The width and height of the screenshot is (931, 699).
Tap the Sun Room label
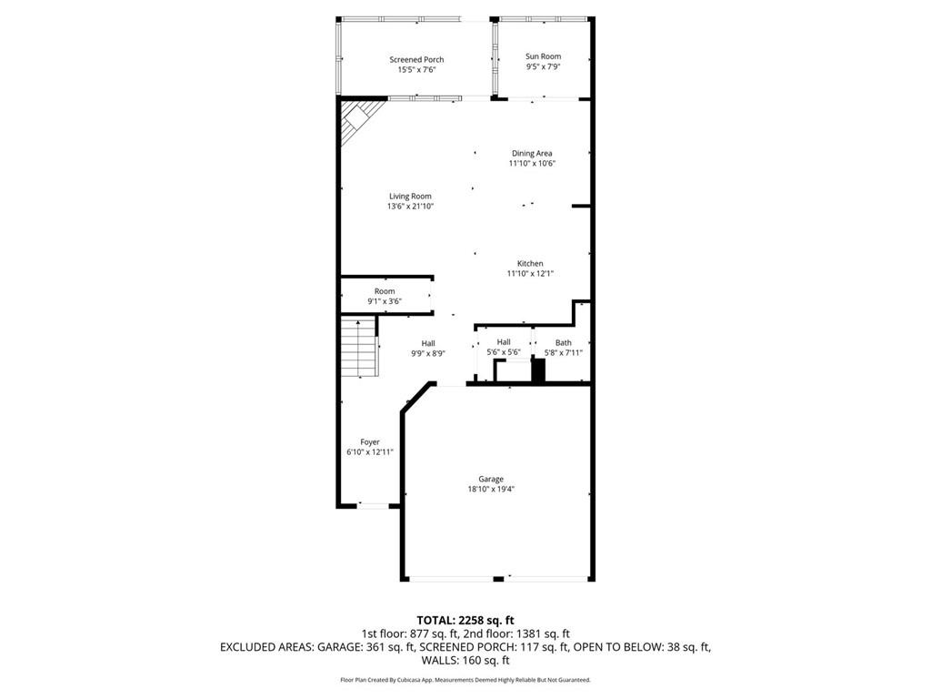543,56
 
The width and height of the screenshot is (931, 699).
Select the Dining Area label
532,154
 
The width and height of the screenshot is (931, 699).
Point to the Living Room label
410,197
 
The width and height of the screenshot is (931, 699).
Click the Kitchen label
530,264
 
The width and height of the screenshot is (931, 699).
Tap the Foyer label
369,442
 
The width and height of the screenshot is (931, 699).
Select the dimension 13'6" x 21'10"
410,207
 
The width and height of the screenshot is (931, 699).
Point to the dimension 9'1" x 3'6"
385,301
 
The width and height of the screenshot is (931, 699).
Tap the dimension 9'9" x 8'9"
427,353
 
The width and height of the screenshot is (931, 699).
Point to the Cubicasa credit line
465,680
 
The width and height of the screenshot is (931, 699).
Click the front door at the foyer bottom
370,505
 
